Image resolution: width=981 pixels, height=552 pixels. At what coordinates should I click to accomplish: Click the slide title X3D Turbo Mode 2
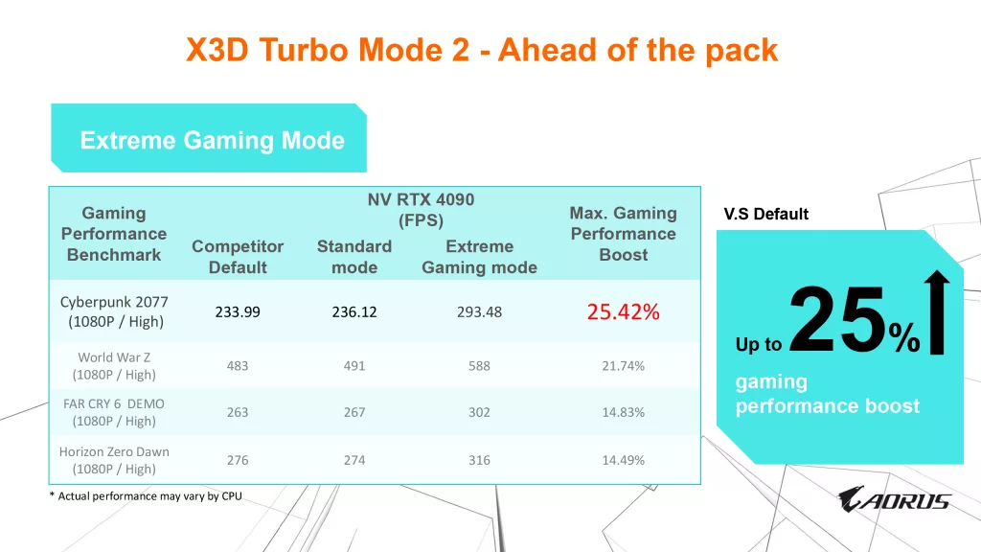point(481,50)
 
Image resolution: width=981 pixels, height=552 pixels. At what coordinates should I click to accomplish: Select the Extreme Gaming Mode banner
point(212,141)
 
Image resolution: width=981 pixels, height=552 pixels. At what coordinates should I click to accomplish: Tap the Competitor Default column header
point(238,257)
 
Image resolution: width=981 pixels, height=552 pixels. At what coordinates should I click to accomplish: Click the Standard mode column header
point(354,257)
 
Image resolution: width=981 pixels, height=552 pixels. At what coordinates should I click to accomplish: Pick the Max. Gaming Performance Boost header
point(623,234)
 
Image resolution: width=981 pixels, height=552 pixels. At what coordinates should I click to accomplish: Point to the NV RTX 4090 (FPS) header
point(421,210)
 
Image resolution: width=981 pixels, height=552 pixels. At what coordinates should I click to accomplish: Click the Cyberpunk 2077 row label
point(114,311)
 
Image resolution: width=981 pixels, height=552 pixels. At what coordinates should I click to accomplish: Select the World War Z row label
point(114,366)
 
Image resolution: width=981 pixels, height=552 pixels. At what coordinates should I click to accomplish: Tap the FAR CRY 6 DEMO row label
point(114,412)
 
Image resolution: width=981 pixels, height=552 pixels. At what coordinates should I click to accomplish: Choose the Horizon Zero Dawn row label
point(114,460)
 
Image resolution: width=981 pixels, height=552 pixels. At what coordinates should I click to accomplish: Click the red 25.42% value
point(623,311)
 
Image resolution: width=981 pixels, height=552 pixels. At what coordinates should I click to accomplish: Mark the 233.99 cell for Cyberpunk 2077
point(238,311)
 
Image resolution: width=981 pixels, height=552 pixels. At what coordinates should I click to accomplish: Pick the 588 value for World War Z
point(479,366)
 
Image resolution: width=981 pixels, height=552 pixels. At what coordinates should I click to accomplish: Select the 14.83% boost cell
point(623,412)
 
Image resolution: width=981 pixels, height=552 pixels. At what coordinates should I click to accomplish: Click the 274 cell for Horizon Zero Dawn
point(354,460)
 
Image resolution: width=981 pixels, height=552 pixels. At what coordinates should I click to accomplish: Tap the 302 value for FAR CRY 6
point(479,412)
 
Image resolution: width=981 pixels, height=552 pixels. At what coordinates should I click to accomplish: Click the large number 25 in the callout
point(835,321)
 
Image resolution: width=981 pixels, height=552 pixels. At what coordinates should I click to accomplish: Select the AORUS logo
point(894,499)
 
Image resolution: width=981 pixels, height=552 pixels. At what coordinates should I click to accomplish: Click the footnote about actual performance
point(145,495)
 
